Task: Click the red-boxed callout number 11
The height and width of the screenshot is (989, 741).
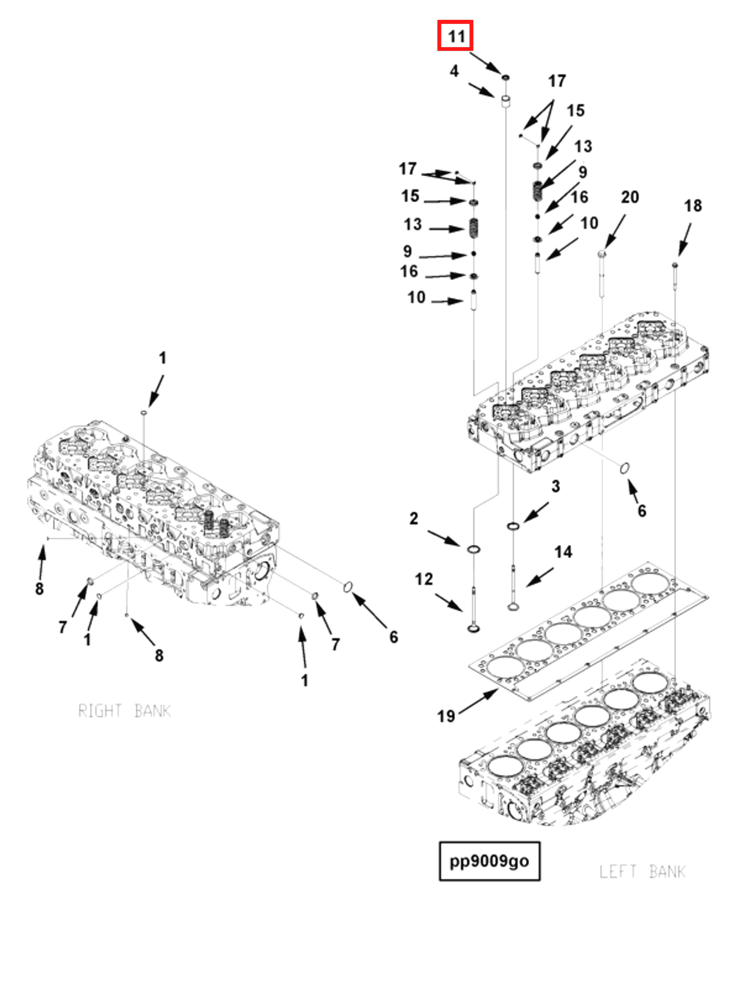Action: click(454, 35)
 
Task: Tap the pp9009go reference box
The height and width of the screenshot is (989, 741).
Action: click(489, 861)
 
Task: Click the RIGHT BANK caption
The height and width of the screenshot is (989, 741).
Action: click(124, 710)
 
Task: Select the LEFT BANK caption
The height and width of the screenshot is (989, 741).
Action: click(642, 872)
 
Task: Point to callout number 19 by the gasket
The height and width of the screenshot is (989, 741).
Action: click(445, 716)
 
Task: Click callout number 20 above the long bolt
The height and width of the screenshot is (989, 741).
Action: click(629, 197)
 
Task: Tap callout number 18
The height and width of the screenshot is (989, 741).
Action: click(692, 206)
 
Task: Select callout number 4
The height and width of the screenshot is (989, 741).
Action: click(454, 71)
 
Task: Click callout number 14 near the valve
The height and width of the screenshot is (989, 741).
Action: click(563, 552)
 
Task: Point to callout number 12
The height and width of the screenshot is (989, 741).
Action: click(423, 579)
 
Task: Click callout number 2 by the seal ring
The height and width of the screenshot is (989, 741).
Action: click(414, 519)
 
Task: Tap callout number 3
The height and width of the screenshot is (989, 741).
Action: click(555, 487)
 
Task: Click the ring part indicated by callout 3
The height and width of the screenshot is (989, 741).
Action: click(513, 526)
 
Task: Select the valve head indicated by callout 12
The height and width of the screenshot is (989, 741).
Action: click(473, 629)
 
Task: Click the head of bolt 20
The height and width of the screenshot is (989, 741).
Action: click(602, 254)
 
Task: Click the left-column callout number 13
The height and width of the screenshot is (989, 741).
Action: click(412, 224)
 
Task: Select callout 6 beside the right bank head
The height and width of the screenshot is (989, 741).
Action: click(393, 637)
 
